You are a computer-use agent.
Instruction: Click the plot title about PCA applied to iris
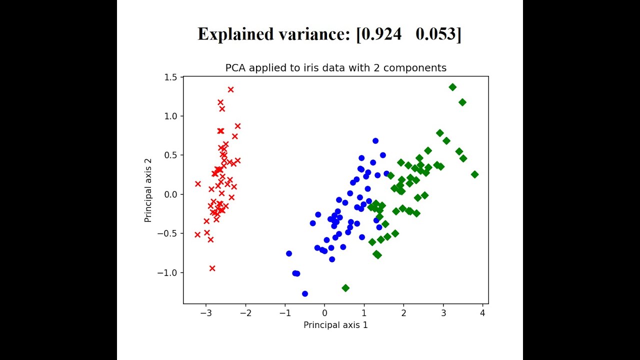coord(335,67)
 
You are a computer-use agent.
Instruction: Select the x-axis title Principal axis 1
coord(335,325)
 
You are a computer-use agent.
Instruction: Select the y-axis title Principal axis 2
coord(148,190)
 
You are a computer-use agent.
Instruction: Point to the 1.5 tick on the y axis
coord(170,77)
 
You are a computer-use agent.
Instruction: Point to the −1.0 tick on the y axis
coord(168,272)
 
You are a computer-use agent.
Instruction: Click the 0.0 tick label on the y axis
coord(170,194)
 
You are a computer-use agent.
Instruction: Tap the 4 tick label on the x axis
coord(482,313)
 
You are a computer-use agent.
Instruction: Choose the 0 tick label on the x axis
coord(324,313)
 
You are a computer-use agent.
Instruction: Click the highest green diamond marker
coord(452,87)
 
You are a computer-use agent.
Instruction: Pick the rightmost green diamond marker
coord(474,174)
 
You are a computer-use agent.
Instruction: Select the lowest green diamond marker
coord(345,288)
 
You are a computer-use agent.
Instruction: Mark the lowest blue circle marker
coord(305,293)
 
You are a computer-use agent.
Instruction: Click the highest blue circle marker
coord(375,141)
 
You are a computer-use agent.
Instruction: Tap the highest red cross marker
coord(230,89)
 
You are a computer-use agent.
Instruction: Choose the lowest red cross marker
coord(212,268)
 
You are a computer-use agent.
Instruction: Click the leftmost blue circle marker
coord(289,253)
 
